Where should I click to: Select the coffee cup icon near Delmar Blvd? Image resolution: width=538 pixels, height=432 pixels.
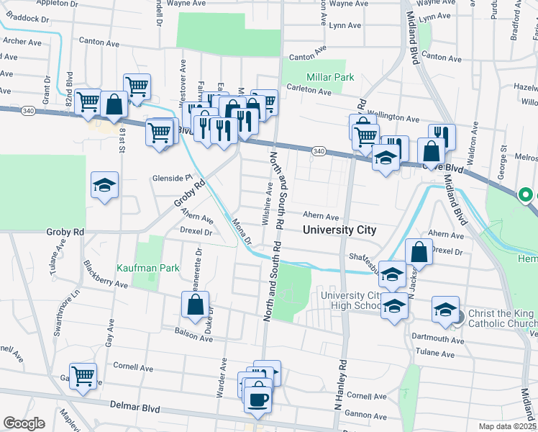(257, 398)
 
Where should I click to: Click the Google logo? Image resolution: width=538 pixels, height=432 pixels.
(24, 423)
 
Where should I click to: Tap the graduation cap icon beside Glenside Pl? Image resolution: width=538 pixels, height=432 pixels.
(105, 186)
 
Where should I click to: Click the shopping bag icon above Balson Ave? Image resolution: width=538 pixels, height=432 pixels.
(196, 305)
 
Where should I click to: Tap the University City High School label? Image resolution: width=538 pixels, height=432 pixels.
(350, 300)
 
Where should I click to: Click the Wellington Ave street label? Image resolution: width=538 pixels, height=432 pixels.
(393, 118)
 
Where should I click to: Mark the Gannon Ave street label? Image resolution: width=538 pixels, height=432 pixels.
(367, 415)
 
